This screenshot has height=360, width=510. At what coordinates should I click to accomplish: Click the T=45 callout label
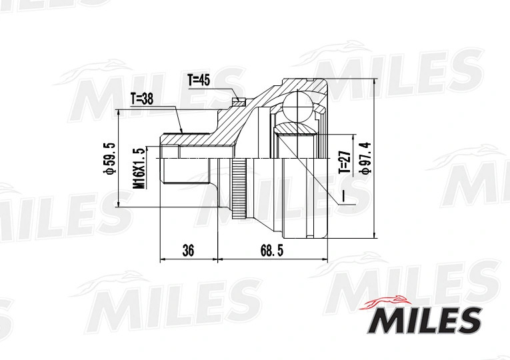199,80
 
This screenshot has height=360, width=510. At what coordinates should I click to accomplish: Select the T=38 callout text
142,99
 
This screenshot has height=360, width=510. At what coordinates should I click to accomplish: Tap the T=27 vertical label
345,161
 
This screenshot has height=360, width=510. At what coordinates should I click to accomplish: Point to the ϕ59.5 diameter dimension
109,159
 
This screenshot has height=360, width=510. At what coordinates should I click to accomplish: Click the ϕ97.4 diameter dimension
365,158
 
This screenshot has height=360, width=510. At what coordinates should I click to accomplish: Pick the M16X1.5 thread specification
139,169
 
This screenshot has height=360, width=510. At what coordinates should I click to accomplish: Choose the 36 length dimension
188,251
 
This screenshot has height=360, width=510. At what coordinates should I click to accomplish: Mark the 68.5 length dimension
272,251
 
